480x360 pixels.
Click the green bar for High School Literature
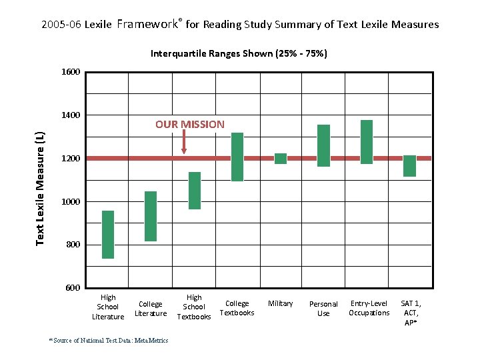pos(108,235)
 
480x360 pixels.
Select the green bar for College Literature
pos(151,216)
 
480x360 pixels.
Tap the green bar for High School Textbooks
pos(195,191)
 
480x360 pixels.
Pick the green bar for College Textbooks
pos(237,157)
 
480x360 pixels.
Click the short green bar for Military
pos(281,159)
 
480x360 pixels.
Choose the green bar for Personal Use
pos(323,145)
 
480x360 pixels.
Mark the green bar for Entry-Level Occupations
pos(367,142)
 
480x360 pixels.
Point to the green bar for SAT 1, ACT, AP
pos(409,166)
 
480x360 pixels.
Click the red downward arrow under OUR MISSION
pos(184,143)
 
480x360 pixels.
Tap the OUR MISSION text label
pos(190,124)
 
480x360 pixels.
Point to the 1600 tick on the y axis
pos(71,72)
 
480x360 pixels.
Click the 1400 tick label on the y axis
pos(71,115)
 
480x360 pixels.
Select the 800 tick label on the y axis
pos(73,245)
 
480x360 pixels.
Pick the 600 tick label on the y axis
pos(73,288)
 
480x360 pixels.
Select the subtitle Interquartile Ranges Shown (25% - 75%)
pos(239,53)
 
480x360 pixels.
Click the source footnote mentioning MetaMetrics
pos(109,341)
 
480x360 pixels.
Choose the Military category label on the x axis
pos(281,303)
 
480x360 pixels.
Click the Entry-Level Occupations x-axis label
pos(369,308)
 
